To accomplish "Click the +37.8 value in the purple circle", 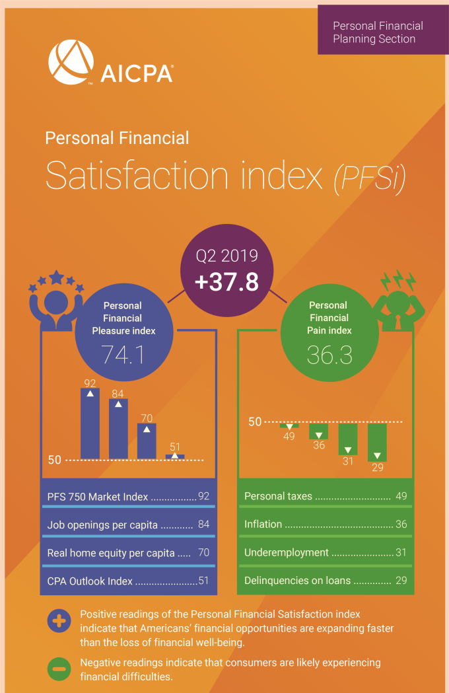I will point(226,283).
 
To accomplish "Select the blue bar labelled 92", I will point(90,423).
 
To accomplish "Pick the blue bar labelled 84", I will point(118,429).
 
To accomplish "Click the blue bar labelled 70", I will point(147,441).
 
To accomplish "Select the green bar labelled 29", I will point(377,442).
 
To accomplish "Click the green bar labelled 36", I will point(319,431).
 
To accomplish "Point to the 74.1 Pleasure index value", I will point(123,355).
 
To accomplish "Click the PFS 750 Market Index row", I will point(128,497).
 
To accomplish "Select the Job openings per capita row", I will point(128,525).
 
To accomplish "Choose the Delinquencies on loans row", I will point(325,581).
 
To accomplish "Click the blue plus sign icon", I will point(59,622).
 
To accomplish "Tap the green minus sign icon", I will point(59,669).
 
